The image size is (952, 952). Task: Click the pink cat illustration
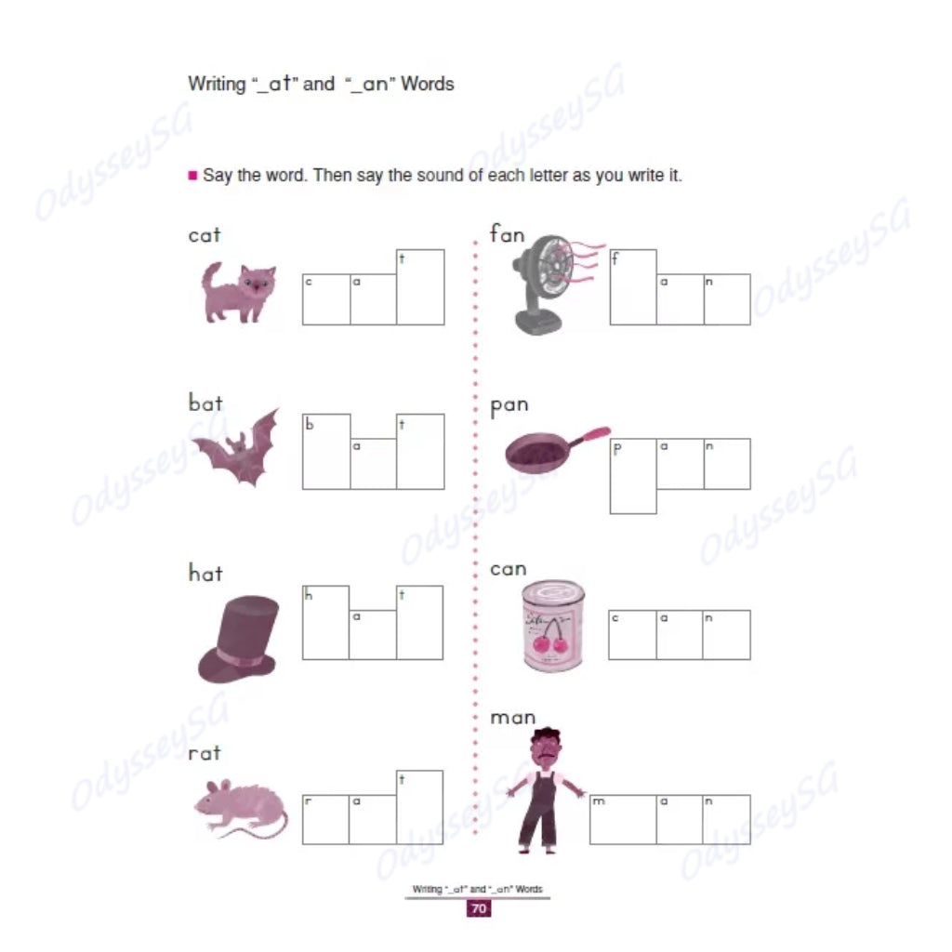[240, 292]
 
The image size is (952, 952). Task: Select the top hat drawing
[238, 639]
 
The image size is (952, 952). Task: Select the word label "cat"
[205, 235]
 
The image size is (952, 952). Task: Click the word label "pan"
[509, 405]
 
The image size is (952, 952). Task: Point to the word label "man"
[513, 718]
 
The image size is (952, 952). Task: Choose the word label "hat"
[205, 573]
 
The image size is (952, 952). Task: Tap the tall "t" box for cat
[420, 286]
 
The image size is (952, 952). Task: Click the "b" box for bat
[326, 451]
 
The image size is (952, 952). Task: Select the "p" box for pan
[633, 475]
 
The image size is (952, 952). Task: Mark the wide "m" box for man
[623, 819]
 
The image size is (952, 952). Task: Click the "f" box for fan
[633, 286]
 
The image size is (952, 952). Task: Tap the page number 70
[478, 909]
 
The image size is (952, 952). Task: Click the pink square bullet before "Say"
[192, 175]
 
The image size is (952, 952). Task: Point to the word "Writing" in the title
[218, 84]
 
